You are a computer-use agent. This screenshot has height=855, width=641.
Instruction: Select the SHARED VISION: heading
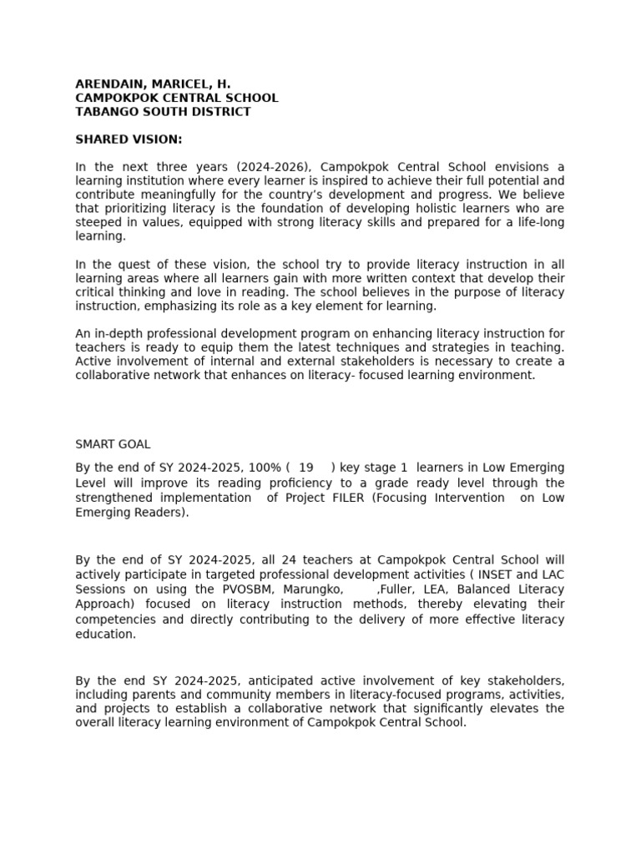click(129, 139)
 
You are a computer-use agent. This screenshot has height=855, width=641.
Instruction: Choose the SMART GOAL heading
click(113, 445)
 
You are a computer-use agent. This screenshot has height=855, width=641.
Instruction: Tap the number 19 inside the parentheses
click(306, 468)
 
